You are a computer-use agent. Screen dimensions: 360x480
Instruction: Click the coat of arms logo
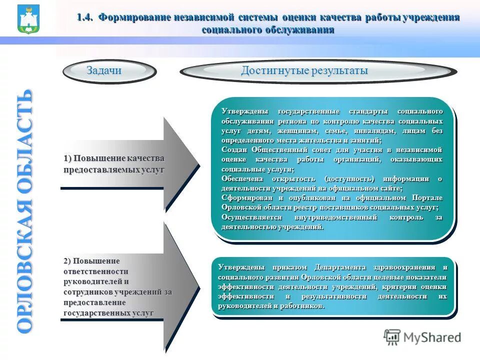click(28, 19)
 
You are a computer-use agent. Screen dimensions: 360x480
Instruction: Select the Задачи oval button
click(104, 71)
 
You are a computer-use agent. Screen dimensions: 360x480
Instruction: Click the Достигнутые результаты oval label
click(304, 71)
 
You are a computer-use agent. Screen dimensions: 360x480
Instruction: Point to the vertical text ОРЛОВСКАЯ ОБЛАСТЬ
click(25, 210)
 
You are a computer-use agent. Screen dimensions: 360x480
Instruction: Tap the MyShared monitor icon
click(392, 337)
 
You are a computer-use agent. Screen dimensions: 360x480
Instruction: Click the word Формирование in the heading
click(134, 17)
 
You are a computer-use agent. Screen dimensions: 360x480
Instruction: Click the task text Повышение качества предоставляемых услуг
click(114, 164)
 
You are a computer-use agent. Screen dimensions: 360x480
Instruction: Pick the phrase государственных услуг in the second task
click(108, 313)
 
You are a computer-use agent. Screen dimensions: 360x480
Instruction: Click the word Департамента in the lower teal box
click(340, 267)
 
